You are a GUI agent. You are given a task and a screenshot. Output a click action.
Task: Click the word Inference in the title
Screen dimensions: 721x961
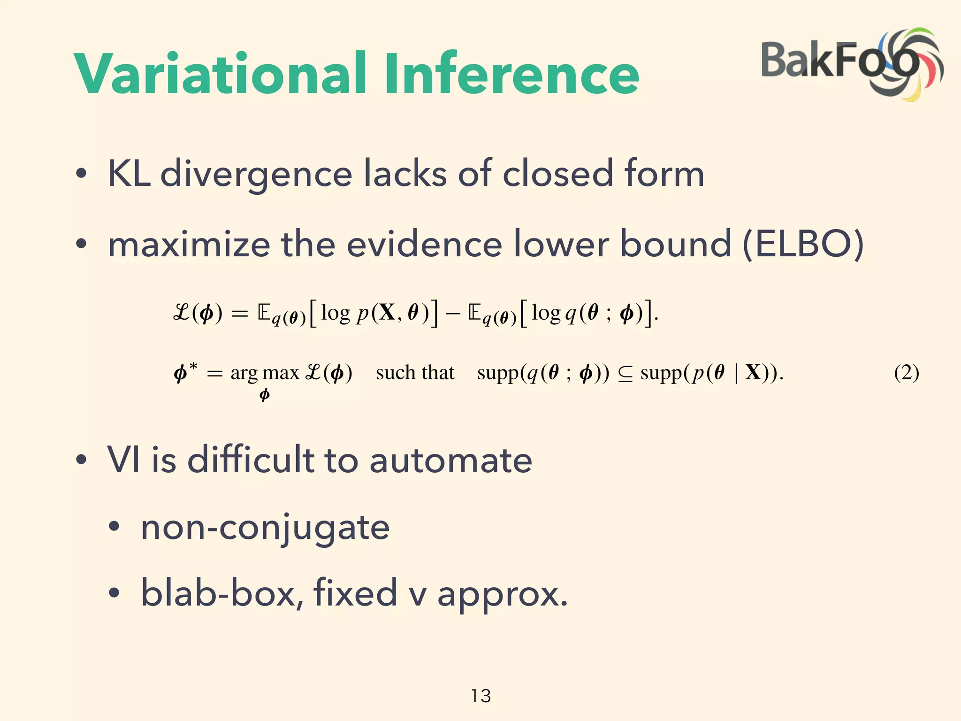point(512,74)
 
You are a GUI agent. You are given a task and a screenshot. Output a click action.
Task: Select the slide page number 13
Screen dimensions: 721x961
point(480,696)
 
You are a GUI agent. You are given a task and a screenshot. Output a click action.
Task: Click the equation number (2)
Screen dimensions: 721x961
point(906,373)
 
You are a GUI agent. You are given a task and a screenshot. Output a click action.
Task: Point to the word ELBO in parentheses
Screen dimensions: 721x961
point(803,244)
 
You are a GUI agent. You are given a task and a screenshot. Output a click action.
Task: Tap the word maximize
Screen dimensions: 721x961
point(189,244)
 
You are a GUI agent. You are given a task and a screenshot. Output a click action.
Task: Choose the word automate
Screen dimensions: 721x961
point(450,460)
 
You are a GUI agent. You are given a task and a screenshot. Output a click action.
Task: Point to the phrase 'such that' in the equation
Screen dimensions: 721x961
point(415,373)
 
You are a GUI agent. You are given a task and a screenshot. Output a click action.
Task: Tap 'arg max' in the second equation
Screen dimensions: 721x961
point(265,373)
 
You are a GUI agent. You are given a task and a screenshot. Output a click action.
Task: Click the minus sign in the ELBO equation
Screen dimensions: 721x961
point(453,314)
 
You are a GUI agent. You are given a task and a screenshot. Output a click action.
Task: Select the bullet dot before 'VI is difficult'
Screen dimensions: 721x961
point(81,460)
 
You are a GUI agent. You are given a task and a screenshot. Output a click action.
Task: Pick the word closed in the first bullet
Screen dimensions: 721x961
point(557,174)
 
